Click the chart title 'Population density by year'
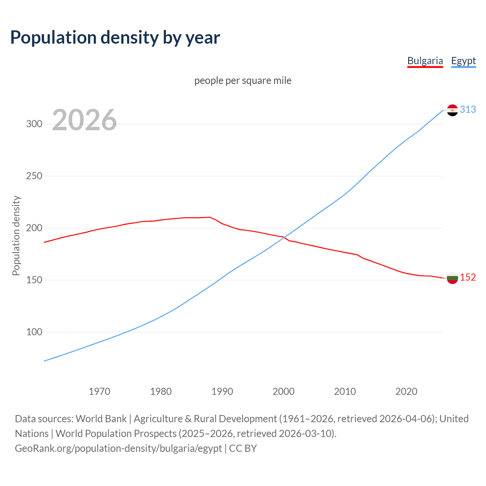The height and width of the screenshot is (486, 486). coord(115,38)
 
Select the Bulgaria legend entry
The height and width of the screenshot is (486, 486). coord(425,61)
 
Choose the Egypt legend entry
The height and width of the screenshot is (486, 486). coord(463,61)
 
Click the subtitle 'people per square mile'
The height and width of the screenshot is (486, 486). coord(243,81)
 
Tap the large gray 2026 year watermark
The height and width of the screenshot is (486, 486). coord(84,120)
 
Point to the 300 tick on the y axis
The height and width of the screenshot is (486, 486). coord(34,124)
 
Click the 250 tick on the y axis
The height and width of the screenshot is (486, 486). coord(34,176)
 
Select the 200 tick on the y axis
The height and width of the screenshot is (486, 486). coord(34,228)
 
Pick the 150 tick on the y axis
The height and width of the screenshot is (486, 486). coord(34,280)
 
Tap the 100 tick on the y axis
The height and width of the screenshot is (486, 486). coord(34,332)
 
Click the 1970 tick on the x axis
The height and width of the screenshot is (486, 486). coord(99,391)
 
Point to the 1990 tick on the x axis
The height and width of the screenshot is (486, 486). coord(222,391)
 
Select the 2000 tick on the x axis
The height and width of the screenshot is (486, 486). coord(284,391)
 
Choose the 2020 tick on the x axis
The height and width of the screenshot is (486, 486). coord(406,391)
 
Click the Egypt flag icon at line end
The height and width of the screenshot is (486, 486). coord(452,110)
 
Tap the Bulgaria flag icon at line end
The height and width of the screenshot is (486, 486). coord(452,278)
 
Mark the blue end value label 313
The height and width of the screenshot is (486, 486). coord(468,110)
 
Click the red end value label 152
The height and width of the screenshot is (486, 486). coord(468,278)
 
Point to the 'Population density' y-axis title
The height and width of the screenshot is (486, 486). coord(16,235)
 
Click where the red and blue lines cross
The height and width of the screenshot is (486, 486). coord(284,238)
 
